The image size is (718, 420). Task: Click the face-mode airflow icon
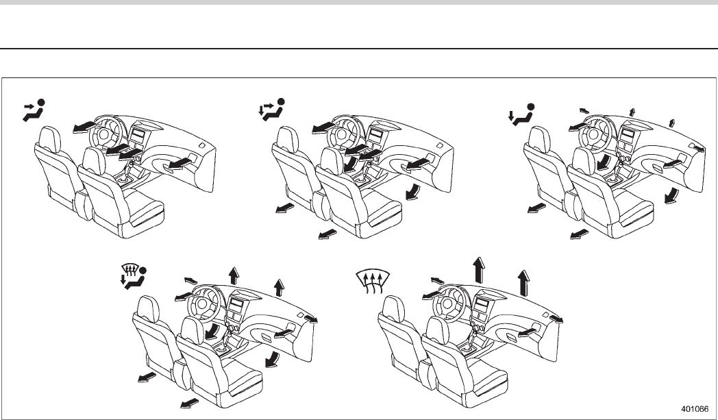(x=34, y=110)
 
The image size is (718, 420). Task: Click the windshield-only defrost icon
(x=373, y=280)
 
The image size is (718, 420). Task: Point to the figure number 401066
(x=693, y=405)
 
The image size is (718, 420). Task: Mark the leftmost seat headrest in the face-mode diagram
(x=50, y=136)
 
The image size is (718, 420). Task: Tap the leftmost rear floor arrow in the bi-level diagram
(x=284, y=208)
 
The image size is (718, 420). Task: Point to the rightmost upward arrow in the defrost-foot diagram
(x=279, y=286)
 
